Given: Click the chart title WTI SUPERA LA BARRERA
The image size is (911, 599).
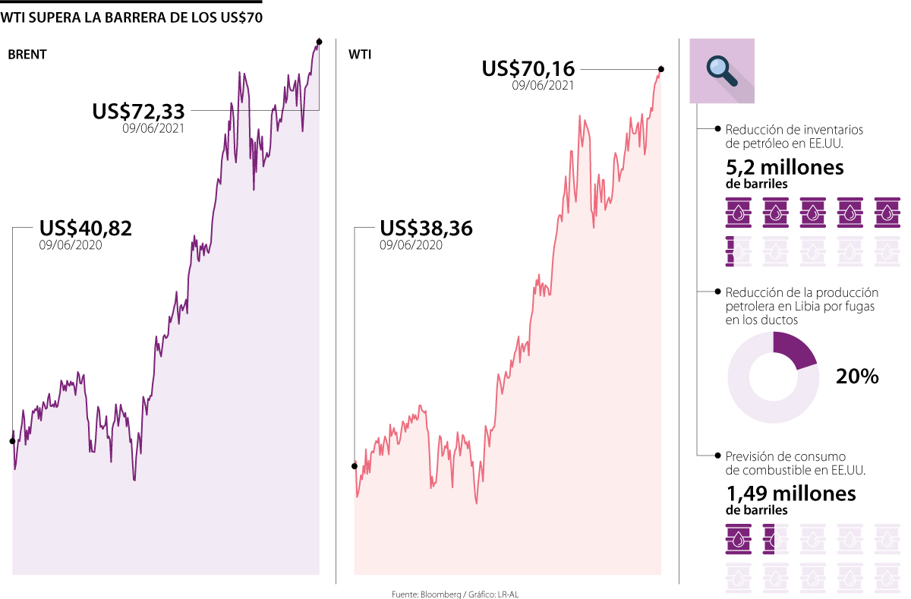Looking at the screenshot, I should (x=132, y=17).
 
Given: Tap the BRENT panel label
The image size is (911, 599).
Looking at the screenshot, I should (x=27, y=55).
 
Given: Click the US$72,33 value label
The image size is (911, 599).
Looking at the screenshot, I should (x=138, y=111).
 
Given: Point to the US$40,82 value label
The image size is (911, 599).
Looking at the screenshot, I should (x=85, y=228).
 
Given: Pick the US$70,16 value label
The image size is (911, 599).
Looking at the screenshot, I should (x=528, y=68).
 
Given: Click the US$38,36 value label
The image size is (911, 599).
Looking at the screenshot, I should (x=426, y=228).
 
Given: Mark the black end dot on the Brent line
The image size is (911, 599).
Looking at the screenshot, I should (x=319, y=41).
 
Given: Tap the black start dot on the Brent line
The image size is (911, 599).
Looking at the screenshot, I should (x=12, y=441).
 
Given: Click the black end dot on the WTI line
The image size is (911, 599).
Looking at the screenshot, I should (x=661, y=69).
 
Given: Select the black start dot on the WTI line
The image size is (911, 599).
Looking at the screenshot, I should (x=355, y=466).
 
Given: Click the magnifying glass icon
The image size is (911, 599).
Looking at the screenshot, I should (x=722, y=69).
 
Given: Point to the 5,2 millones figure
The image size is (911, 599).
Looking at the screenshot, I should (x=785, y=167).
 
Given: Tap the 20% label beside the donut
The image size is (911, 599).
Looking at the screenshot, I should (x=857, y=376).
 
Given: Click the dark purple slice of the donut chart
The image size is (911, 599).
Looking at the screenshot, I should (x=794, y=349).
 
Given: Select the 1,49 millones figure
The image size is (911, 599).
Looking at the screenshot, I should (x=791, y=494).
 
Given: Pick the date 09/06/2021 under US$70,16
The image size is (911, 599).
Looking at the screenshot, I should (x=543, y=87).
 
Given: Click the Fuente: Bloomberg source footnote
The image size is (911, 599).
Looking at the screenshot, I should (x=455, y=594).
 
